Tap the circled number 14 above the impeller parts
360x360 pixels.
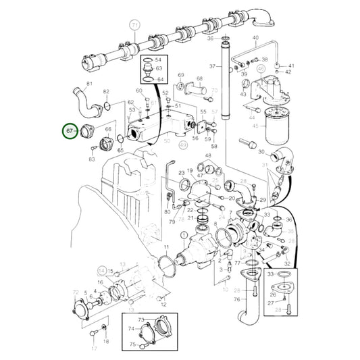click(x=102, y=269)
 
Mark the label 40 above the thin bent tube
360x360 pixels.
click(x=255, y=38)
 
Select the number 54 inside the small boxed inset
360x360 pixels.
click(x=159, y=60)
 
